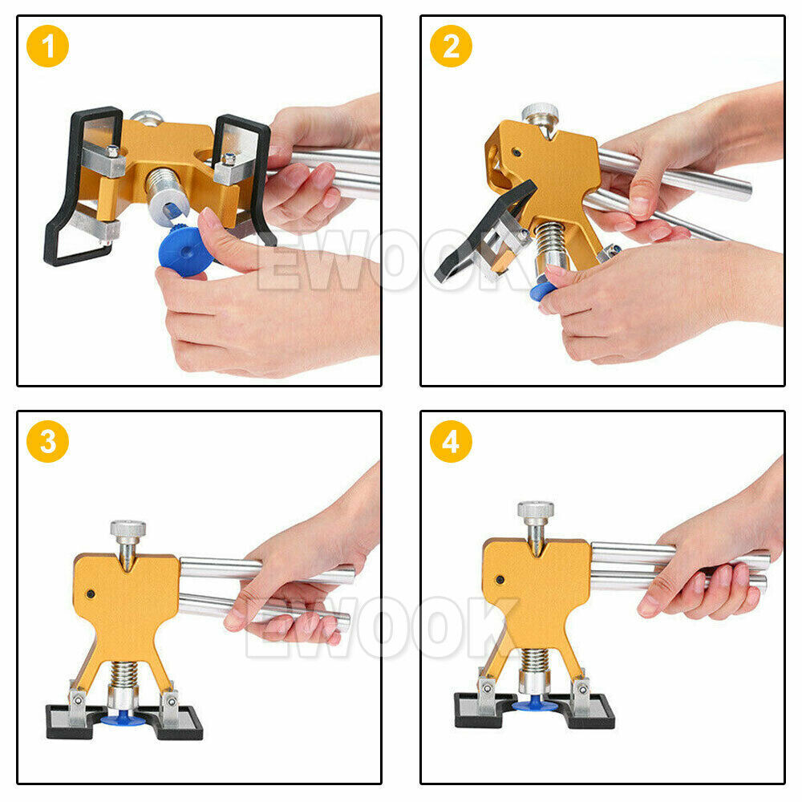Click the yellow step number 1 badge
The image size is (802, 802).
pos(48,46)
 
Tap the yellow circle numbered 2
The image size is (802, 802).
pos(451,46)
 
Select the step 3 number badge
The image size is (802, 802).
pos(48,441)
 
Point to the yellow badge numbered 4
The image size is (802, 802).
pos(451,441)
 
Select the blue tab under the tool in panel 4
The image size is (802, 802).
pos(535,705)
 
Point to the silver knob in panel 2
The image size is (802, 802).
pos(540,112)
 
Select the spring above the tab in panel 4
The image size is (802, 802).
pos(534,661)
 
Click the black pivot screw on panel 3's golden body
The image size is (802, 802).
pos(91,594)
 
